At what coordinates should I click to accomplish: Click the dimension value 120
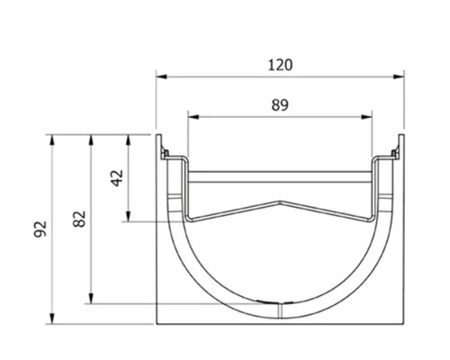[280, 65]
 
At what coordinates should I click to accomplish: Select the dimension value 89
[280, 105]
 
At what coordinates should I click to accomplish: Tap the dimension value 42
[117, 178]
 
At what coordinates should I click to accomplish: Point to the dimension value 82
[80, 219]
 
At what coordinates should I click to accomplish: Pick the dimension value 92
[40, 229]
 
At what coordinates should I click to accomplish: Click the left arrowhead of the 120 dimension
[161, 76]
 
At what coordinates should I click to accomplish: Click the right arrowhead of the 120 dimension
[399, 76]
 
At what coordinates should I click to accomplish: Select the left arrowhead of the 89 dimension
[193, 117]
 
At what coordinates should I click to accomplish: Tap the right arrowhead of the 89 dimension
[366, 117]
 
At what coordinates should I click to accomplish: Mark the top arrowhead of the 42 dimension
[128, 140]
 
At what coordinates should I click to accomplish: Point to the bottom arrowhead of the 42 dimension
[128, 216]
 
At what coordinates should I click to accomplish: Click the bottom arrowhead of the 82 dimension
[91, 298]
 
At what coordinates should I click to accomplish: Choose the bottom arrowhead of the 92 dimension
[52, 319]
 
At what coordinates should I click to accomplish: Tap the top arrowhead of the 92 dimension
[52, 140]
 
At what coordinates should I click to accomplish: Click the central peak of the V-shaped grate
[280, 202]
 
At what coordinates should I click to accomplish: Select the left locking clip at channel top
[165, 154]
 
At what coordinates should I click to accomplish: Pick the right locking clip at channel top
[395, 154]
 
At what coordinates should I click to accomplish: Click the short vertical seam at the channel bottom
[280, 310]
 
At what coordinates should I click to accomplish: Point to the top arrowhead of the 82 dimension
[91, 140]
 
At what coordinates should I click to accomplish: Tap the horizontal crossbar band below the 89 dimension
[280, 177]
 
